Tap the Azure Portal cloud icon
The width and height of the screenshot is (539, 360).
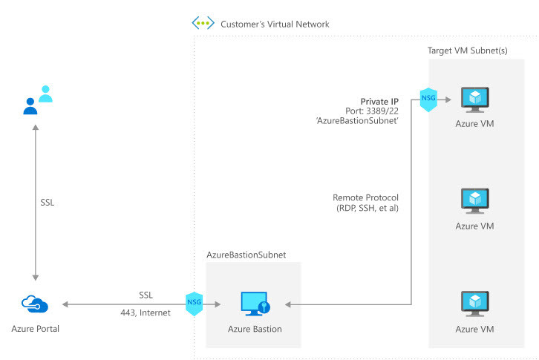pos(34,304)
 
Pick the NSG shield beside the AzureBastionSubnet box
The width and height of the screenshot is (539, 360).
pos(193,304)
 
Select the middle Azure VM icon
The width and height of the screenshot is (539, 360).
pos(474,200)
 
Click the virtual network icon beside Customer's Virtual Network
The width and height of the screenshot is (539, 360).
pos(203,23)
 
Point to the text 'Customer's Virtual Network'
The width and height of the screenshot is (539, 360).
pos(275,24)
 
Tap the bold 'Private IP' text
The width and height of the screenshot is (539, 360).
pos(379,101)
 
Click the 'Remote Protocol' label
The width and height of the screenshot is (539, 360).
pos(366,197)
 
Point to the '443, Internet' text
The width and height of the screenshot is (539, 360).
pos(145,312)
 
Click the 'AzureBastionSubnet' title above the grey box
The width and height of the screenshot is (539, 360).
pos(246,255)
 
